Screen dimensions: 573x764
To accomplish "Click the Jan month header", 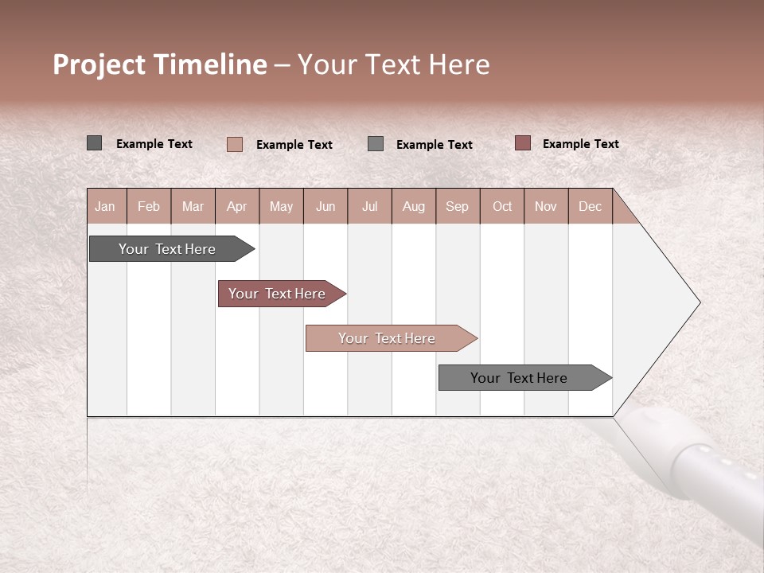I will pos(106,206).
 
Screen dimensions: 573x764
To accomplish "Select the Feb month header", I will pos(149,206).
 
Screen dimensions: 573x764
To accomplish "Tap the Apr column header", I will pos(237,206).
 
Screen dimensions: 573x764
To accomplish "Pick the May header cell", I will pos(281,206).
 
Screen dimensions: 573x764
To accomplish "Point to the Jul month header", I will pos(369,206).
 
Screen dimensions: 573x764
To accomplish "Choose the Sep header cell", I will pos(458,206).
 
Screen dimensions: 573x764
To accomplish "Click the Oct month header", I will pos(502,206).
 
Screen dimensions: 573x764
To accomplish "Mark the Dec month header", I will pos(591,206).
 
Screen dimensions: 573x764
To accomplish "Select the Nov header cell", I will pos(546,206).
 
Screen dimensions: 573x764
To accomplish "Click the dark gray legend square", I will pos(94,143).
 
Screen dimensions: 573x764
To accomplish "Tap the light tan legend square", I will pos(235,144).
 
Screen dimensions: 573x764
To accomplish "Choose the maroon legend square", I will pos(523,143).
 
